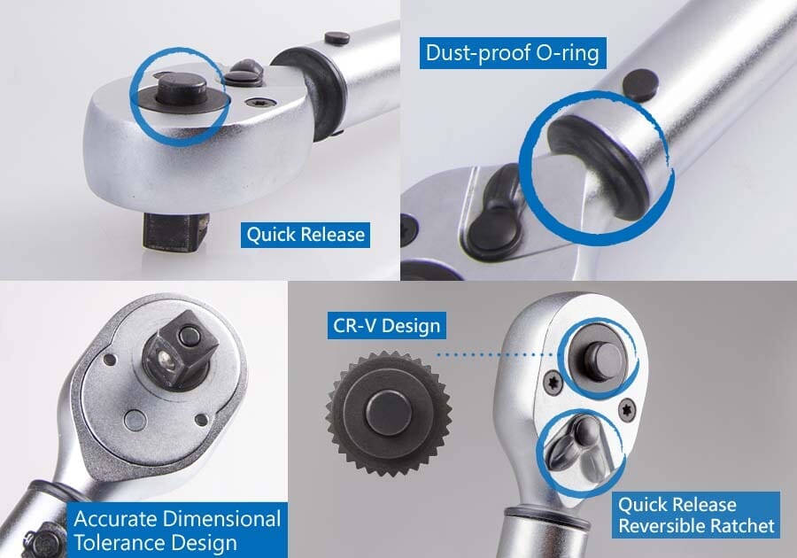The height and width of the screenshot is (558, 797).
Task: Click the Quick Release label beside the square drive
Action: pos(305,235)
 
